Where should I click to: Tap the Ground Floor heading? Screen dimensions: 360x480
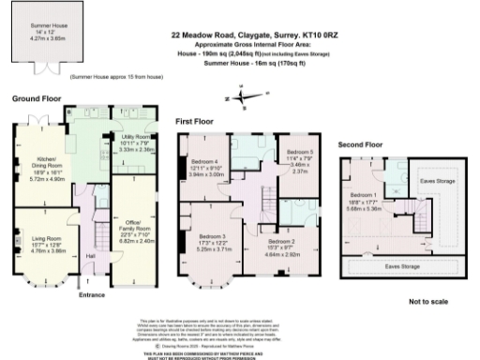[x=37, y=98]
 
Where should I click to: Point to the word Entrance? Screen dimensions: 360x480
[x=93, y=296]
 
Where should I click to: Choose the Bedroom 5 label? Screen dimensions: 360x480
[x=299, y=151]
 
